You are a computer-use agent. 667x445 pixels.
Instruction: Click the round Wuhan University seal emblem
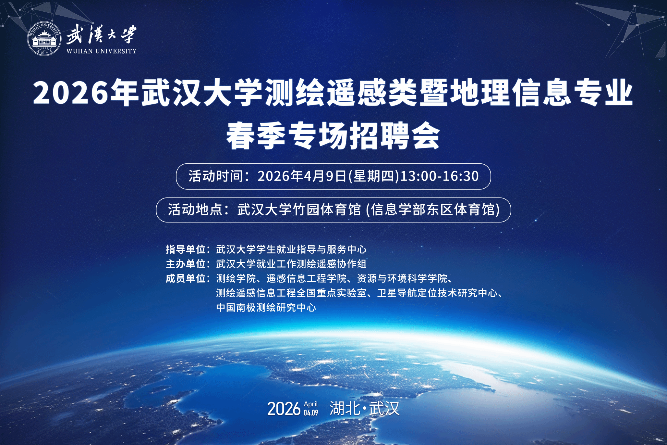pyautogui.click(x=44, y=39)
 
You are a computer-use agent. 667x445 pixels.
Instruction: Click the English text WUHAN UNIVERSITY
pyautogui.click(x=102, y=51)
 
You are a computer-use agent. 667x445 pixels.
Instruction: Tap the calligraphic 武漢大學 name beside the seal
pyautogui.click(x=101, y=34)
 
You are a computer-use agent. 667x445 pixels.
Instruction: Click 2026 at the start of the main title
pyautogui.click(x=70, y=93)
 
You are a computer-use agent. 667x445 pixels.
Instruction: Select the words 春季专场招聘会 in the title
pyautogui.click(x=333, y=135)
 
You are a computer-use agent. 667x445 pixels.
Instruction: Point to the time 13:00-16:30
pyautogui.click(x=440, y=176)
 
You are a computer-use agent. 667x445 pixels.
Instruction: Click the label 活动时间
pyautogui.click(x=216, y=176)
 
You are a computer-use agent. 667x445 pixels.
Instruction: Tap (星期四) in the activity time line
pyautogui.click(x=373, y=176)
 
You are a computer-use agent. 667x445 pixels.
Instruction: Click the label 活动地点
pyautogui.click(x=195, y=210)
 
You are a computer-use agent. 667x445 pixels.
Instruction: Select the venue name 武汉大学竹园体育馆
pyautogui.click(x=299, y=210)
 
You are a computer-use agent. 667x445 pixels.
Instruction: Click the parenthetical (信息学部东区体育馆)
pyautogui.click(x=433, y=210)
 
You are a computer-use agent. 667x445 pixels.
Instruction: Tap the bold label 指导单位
pyautogui.click(x=186, y=249)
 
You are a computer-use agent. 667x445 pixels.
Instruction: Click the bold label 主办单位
pyautogui.click(x=186, y=264)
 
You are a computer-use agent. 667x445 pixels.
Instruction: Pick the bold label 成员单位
pyautogui.click(x=186, y=278)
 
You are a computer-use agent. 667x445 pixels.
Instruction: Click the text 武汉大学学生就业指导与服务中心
pyautogui.click(x=291, y=249)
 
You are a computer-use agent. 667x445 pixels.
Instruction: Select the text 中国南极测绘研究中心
pyautogui.click(x=266, y=307)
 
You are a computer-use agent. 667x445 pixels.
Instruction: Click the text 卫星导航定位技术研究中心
pyautogui.click(x=437, y=293)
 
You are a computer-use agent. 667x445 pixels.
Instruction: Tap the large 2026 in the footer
pyautogui.click(x=284, y=409)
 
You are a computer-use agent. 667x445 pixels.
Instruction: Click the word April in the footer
pyautogui.click(x=311, y=404)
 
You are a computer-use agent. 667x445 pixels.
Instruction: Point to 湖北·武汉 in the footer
pyautogui.click(x=364, y=408)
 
